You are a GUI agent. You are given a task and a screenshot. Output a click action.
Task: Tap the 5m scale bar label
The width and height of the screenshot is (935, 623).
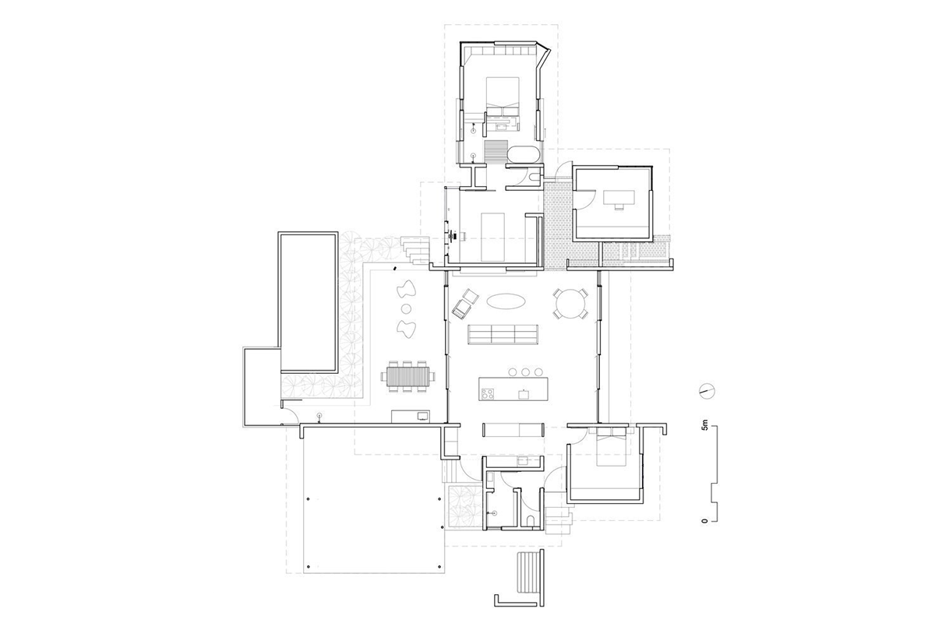705,426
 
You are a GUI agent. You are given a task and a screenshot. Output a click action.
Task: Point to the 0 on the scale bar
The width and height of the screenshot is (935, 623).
705,521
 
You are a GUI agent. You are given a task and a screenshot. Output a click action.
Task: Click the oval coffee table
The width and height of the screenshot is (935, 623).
506,301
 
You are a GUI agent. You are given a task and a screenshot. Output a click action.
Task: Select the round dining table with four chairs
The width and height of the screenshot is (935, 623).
570,304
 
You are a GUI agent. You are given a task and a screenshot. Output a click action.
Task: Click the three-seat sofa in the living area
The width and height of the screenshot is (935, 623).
503,335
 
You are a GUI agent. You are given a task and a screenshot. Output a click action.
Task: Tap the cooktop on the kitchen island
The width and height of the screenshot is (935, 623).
487,393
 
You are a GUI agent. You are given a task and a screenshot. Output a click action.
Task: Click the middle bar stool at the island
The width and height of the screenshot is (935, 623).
525,371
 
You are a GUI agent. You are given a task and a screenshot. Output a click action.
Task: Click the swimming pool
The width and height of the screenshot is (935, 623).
308,302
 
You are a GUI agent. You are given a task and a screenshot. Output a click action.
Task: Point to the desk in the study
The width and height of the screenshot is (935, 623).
619,197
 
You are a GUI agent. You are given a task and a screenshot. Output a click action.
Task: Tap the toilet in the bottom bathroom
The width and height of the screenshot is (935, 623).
531,522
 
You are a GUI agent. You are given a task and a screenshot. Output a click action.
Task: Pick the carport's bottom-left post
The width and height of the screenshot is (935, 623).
308,566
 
